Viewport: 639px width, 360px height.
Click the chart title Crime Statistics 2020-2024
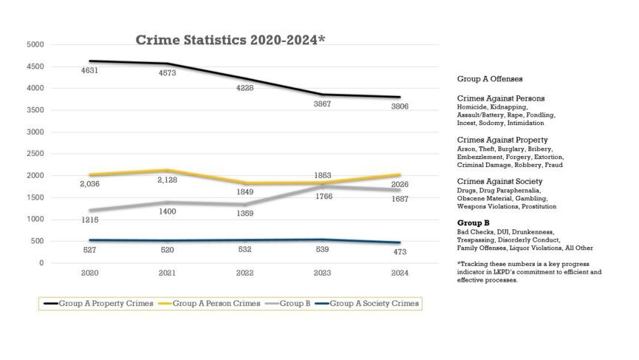point(230,40)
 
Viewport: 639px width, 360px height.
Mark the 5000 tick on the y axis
point(35,45)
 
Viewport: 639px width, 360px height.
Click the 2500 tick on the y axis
point(35,154)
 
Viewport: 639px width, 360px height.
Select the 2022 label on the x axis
point(245,274)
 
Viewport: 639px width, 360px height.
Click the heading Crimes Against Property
point(502,140)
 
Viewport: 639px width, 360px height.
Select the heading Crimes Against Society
point(499,181)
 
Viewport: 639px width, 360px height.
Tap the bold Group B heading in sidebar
point(474,223)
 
